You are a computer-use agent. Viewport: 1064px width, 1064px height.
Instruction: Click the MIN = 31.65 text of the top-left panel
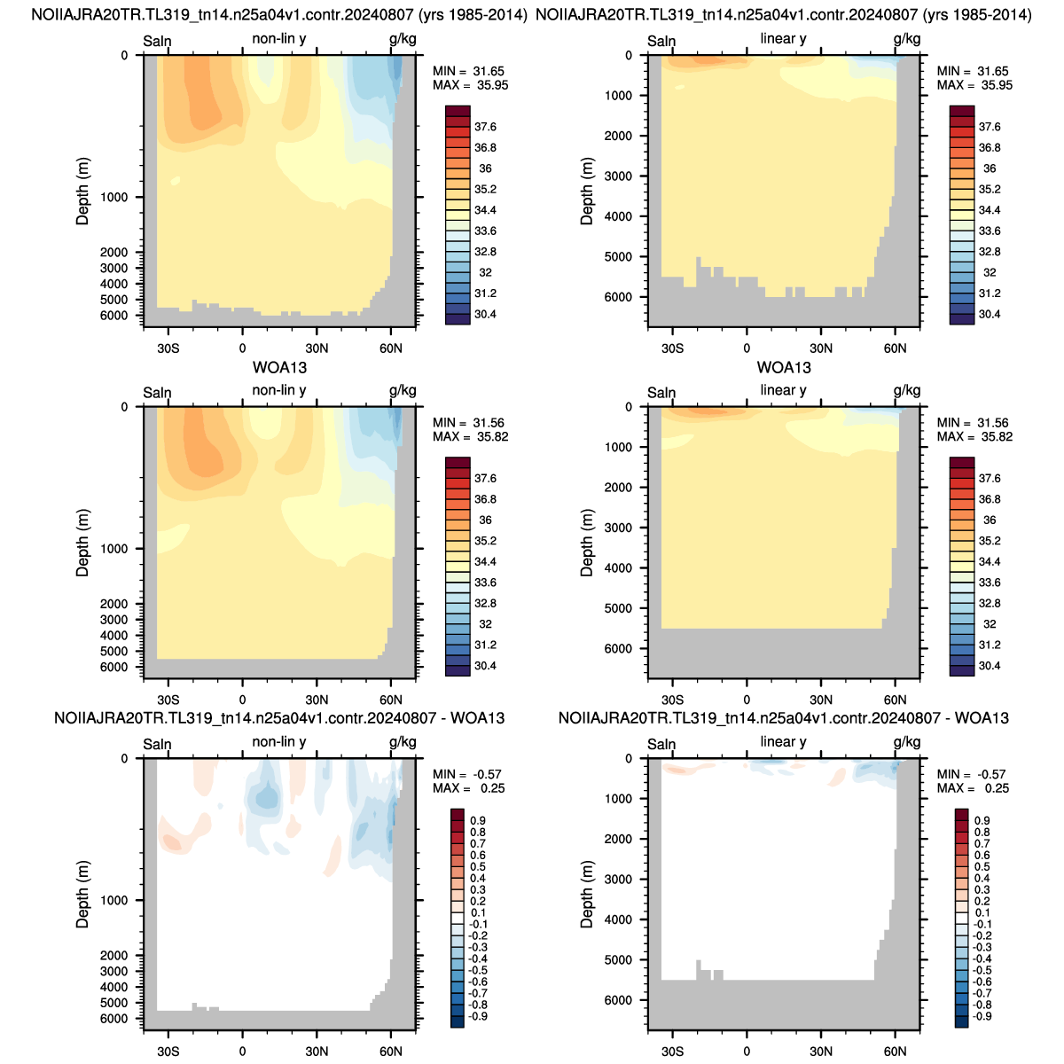pyautogui.click(x=468, y=71)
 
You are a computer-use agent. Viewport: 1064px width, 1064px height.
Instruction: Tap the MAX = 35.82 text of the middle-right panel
pyautogui.click(x=974, y=437)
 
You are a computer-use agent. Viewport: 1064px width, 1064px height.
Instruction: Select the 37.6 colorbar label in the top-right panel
pyautogui.click(x=990, y=127)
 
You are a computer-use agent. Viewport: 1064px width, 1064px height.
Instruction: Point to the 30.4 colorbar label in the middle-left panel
pyautogui.click(x=485, y=666)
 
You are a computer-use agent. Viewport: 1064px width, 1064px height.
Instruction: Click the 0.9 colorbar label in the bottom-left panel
pyautogui.click(x=478, y=820)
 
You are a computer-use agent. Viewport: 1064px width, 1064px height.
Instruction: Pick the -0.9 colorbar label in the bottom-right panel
pyautogui.click(x=981, y=1016)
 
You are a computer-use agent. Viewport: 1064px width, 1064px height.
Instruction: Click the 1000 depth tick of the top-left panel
pyautogui.click(x=113, y=197)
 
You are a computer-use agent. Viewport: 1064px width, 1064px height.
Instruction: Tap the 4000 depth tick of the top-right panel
pyautogui.click(x=618, y=216)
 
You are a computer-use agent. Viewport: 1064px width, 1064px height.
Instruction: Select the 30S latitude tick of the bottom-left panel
pyautogui.click(x=168, y=1052)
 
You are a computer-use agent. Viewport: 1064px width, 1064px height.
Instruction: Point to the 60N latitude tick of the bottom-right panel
pyautogui.click(x=895, y=1052)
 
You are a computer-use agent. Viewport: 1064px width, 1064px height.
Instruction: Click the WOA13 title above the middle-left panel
pyautogui.click(x=279, y=367)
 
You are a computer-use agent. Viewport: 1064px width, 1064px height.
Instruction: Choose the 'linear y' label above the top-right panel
pyautogui.click(x=783, y=39)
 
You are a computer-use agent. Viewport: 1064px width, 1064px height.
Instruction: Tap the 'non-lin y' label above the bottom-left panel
pyautogui.click(x=278, y=741)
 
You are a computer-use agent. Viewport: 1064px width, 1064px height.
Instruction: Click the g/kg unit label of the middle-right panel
pyautogui.click(x=907, y=390)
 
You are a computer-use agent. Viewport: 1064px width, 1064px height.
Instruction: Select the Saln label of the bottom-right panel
pyautogui.click(x=661, y=744)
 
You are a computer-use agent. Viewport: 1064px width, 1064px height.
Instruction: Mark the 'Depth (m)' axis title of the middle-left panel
pyautogui.click(x=82, y=543)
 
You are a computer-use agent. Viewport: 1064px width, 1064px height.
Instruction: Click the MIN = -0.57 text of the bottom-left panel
pyautogui.click(x=467, y=774)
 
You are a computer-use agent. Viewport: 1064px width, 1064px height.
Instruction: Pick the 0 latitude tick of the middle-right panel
pyautogui.click(x=747, y=700)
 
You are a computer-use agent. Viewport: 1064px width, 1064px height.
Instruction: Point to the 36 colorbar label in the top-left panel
pyautogui.click(x=485, y=168)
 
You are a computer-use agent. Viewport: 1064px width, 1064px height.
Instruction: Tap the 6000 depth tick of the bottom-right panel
pyautogui.click(x=618, y=1000)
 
